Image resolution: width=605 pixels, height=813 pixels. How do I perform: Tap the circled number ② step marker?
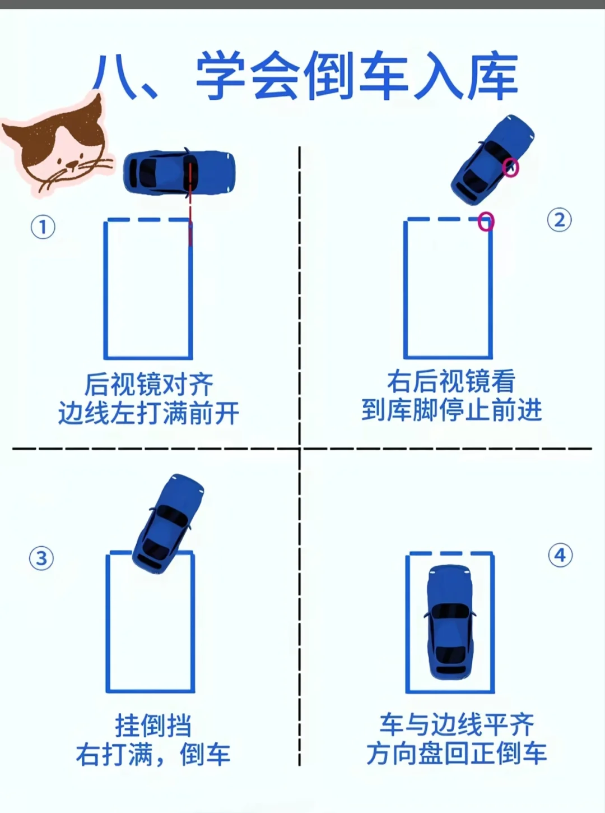(x=559, y=220)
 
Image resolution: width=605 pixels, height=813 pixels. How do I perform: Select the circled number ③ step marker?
(x=41, y=558)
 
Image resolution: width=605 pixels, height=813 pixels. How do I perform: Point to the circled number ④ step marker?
(x=560, y=555)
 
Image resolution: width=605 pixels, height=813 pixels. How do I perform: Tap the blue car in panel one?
(x=179, y=172)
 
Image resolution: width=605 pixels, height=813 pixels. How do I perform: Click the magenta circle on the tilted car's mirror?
(x=510, y=168)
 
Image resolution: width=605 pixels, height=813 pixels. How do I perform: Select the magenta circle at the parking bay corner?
(x=486, y=221)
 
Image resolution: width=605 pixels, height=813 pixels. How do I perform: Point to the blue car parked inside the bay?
(x=450, y=623)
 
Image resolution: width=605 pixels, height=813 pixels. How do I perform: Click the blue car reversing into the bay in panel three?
(x=167, y=524)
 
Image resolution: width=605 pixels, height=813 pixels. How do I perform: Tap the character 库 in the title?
(x=494, y=76)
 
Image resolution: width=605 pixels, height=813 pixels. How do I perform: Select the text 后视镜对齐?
(x=148, y=385)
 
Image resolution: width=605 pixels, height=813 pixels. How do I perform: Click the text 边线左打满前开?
(x=148, y=413)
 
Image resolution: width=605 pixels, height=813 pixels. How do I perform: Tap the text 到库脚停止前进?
(x=452, y=410)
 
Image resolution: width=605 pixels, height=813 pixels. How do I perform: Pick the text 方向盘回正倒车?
(x=457, y=754)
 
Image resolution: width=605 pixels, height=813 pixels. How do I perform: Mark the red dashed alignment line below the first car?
(x=190, y=204)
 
